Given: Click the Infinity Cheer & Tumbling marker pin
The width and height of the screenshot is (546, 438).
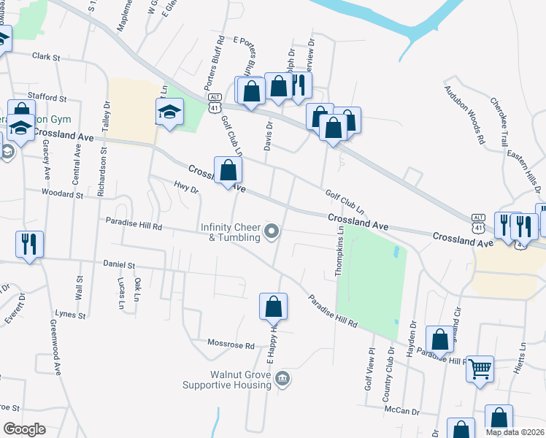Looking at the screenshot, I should coord(272,232).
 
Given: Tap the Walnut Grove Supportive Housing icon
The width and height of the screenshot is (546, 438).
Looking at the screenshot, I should coord(284,379).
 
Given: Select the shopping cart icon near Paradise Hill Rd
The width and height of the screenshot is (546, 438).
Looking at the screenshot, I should coord(480,369).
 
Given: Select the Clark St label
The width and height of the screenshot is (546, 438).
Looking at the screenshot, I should coord(45,55).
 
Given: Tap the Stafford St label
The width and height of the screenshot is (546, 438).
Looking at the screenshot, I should coord(47,96).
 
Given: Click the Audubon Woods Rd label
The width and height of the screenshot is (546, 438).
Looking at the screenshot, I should coord(465,114).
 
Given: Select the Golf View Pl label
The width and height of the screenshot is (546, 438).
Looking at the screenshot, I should coord(369,368).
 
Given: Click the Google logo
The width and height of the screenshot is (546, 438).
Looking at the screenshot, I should coord(24,429).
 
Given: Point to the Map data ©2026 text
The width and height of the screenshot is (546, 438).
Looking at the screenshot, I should coord(514,432).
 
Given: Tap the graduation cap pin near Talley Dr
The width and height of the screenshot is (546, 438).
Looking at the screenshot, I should coord(169,112).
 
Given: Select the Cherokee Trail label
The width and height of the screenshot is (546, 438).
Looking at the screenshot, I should coord(500,121).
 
